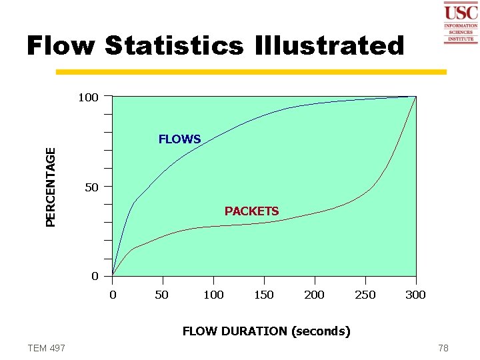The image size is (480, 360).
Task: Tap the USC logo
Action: pyautogui.click(x=460, y=23)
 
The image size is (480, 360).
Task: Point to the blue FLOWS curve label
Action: pyautogui.click(x=179, y=139)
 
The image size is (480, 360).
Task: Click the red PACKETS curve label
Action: pyautogui.click(x=251, y=211)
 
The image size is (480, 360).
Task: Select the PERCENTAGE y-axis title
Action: pyautogui.click(x=51, y=186)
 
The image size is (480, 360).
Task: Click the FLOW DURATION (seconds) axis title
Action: pyautogui.click(x=266, y=331)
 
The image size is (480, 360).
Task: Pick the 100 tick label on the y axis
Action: pyautogui.click(x=88, y=98)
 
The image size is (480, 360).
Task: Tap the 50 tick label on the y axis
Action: pyautogui.click(x=92, y=187)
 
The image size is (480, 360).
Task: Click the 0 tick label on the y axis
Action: pyautogui.click(x=95, y=276)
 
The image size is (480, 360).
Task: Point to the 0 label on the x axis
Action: pyautogui.click(x=113, y=295)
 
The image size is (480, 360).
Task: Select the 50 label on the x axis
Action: pyautogui.click(x=161, y=295)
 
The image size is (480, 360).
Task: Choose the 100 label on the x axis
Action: pyautogui.click(x=213, y=295)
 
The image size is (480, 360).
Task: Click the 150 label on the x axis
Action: pyautogui.click(x=264, y=295)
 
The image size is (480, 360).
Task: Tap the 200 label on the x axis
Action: pyautogui.click(x=314, y=295)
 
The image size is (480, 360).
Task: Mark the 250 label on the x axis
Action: pyautogui.click(x=365, y=295)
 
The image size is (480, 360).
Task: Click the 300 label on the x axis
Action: pyautogui.click(x=415, y=295)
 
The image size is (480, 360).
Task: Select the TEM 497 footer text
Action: pyautogui.click(x=46, y=348)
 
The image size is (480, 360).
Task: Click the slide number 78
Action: pyautogui.click(x=443, y=348)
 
